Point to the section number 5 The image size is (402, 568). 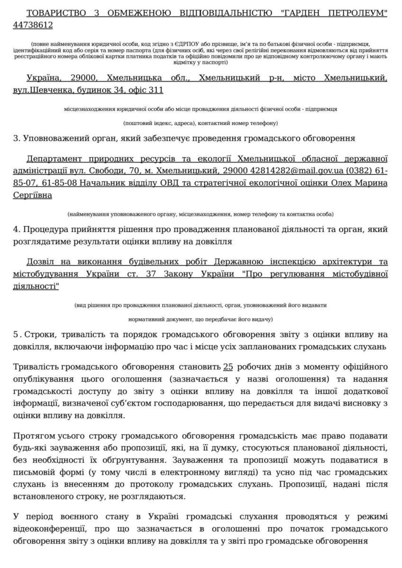coord(16,335)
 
